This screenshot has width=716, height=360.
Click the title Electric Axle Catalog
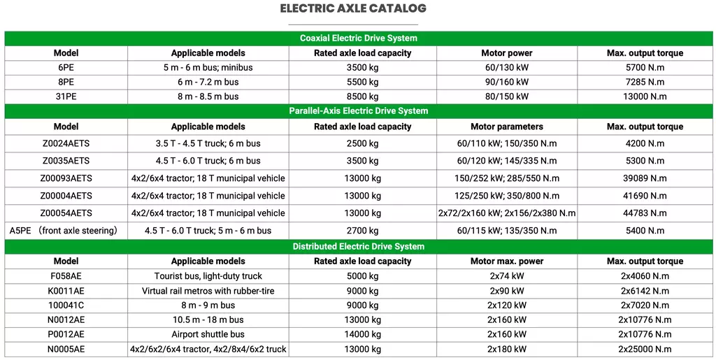352,9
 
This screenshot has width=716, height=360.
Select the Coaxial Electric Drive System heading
358,38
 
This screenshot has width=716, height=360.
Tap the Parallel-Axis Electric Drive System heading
358,110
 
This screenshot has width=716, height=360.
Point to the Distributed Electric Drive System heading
358,246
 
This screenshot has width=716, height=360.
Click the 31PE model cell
66,96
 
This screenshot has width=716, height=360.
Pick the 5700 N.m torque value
645,68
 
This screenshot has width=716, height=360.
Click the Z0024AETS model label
66,143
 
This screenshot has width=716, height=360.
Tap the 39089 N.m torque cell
645,178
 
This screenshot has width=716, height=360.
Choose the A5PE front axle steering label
63,230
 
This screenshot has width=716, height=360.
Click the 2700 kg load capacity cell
362,230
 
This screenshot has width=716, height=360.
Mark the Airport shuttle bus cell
208,334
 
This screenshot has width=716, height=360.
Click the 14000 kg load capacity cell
362,334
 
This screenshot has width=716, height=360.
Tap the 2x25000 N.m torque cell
645,349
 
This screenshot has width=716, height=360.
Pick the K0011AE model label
66,290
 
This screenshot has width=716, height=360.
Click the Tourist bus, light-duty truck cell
208,276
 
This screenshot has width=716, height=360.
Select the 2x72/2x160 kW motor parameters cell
506,213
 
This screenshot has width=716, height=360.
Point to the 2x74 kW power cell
506,276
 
